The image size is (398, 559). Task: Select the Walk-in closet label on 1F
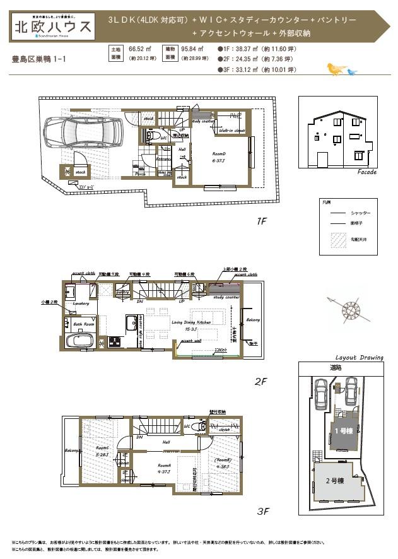pos(231,131)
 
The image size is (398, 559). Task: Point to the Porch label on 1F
pos(141,174)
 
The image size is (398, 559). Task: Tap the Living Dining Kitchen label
pos(191,321)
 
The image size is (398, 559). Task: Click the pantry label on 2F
pos(123,292)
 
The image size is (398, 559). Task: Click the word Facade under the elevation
pos(366,172)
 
